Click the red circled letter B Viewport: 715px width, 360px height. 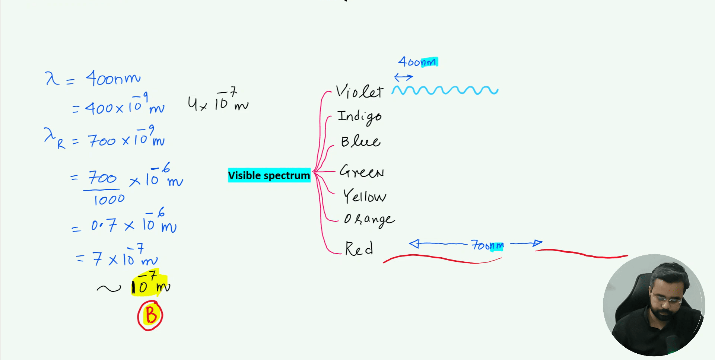coord(150,315)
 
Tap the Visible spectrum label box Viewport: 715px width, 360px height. coord(269,175)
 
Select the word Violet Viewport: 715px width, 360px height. coord(359,92)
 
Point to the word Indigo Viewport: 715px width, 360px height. coord(359,117)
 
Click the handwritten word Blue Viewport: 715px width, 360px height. coord(360,141)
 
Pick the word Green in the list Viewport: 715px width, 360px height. coord(362,171)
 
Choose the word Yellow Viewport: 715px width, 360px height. coord(364,196)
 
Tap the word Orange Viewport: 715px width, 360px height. coord(369,219)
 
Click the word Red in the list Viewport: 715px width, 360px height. coord(359,249)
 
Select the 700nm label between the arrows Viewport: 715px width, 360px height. coord(487,245)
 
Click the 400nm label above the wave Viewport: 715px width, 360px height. coord(417,62)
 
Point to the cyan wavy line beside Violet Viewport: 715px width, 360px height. coord(445,90)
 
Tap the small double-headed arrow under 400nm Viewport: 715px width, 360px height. coord(403,77)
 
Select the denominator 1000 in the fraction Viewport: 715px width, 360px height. coord(109,200)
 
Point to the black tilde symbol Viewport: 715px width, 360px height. coord(109,288)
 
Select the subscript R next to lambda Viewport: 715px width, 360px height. coord(61,144)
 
